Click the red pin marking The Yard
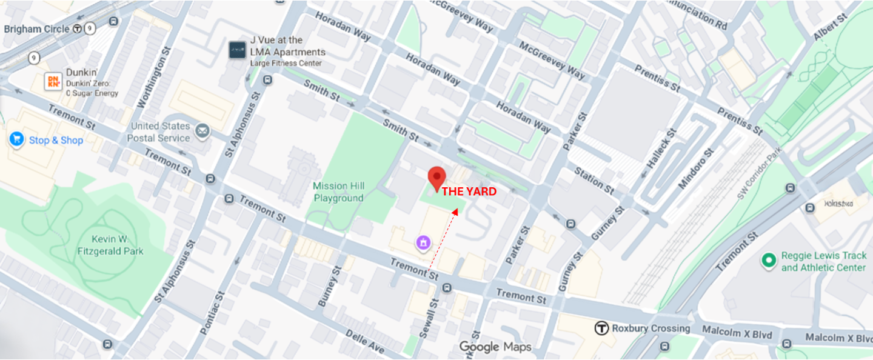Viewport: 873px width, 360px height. click(436, 178)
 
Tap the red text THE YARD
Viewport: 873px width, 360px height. click(469, 192)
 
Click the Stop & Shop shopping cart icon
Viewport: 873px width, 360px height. click(16, 139)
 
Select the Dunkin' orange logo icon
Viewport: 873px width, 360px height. click(53, 82)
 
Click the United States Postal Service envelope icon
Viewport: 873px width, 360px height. click(202, 130)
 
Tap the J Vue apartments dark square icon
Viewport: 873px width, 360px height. click(236, 50)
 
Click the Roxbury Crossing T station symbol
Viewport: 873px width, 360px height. click(601, 328)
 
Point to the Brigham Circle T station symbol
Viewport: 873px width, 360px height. click(77, 28)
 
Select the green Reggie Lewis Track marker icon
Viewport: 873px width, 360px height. click(769, 261)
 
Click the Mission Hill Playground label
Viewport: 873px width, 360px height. click(338, 192)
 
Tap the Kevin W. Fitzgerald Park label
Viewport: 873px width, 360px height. click(110, 245)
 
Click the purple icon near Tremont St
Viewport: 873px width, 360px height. click(423, 243)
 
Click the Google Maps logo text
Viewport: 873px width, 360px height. click(495, 347)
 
